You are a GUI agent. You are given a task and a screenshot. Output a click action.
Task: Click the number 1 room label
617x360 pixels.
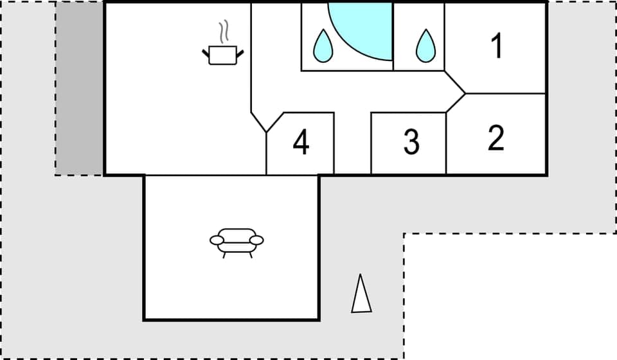(x=496, y=46)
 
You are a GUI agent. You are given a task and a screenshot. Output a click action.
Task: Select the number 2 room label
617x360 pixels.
(x=496, y=138)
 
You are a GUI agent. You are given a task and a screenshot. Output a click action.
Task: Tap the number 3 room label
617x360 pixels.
(x=411, y=142)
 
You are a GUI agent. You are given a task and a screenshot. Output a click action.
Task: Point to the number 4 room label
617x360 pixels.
(x=301, y=142)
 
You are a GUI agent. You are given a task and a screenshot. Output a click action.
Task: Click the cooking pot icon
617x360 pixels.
(x=223, y=55)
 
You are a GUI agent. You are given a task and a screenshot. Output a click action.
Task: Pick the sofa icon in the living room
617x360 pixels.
(x=237, y=241)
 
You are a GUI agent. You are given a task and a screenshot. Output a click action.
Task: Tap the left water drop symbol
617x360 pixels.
(x=323, y=46)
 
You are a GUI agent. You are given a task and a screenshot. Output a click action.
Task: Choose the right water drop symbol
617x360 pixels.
(x=425, y=46)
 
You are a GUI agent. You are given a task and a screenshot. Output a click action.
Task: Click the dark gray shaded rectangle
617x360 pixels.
(x=80, y=88)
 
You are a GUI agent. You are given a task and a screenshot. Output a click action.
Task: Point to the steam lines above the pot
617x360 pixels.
(x=224, y=32)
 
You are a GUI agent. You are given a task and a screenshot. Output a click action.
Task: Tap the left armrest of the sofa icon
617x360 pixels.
(x=217, y=240)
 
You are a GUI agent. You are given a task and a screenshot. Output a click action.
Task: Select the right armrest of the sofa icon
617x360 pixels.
(x=256, y=240)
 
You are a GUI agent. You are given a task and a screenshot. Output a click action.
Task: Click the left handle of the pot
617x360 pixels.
(x=206, y=54)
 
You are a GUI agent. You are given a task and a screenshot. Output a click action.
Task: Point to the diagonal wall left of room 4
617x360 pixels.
(x=258, y=122)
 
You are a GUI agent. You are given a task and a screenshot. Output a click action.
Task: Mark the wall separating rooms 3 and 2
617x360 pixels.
(x=446, y=143)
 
